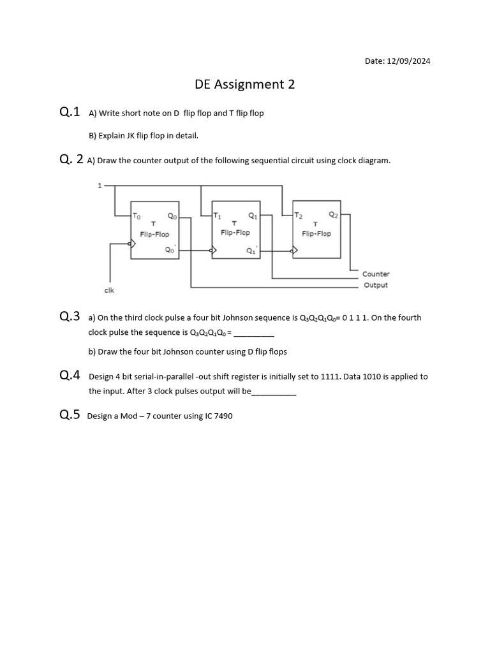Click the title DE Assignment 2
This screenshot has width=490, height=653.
[245, 84]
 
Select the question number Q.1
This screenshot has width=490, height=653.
[70, 112]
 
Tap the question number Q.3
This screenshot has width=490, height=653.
[70, 316]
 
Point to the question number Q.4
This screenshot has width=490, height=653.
[70, 376]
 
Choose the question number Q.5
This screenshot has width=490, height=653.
[70, 415]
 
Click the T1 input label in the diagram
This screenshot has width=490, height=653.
[218, 216]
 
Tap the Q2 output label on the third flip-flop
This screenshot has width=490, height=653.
[334, 215]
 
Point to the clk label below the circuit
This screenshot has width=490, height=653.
[109, 290]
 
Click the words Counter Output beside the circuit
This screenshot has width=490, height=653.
[376, 279]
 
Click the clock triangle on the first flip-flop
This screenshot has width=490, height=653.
[133, 242]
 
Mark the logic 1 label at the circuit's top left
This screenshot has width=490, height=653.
[99, 186]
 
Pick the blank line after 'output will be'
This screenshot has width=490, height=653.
[274, 392]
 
